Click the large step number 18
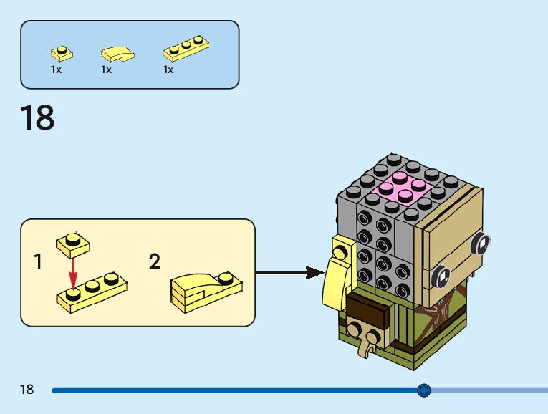click(x=37, y=118)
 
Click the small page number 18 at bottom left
click(x=27, y=390)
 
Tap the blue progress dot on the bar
click(x=423, y=390)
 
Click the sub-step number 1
click(x=38, y=262)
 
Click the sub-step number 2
click(x=155, y=262)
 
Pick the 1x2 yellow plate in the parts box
click(x=62, y=53)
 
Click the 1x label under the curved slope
click(x=106, y=70)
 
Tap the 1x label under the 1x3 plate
click(x=168, y=70)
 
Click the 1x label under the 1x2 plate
click(x=56, y=70)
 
